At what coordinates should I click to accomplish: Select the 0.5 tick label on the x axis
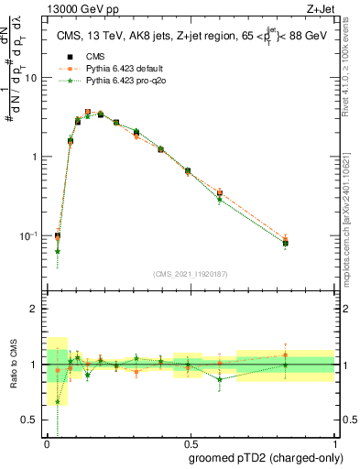(189, 444)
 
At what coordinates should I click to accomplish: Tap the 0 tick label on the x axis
(47, 444)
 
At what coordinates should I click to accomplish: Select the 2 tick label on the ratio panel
(34, 309)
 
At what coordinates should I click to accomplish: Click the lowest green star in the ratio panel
(58, 401)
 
